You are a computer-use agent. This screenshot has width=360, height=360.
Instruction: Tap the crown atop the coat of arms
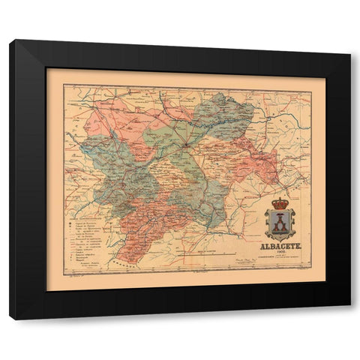point(280,202)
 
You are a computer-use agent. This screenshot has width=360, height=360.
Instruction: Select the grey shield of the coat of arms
point(280,223)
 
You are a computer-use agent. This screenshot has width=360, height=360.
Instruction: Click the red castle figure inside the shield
point(280,223)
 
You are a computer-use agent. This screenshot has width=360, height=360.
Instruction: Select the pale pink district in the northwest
point(112,120)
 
